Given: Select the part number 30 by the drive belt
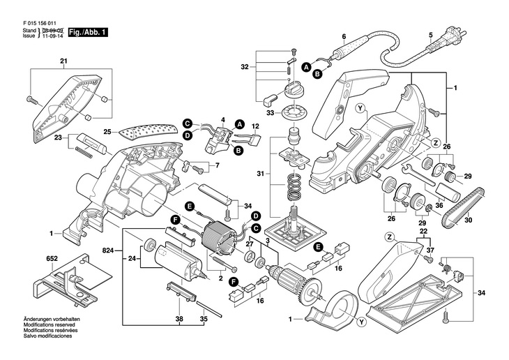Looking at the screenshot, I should [468, 220].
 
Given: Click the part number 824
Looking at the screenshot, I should [107, 249].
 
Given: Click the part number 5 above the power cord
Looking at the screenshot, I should [430, 36].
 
